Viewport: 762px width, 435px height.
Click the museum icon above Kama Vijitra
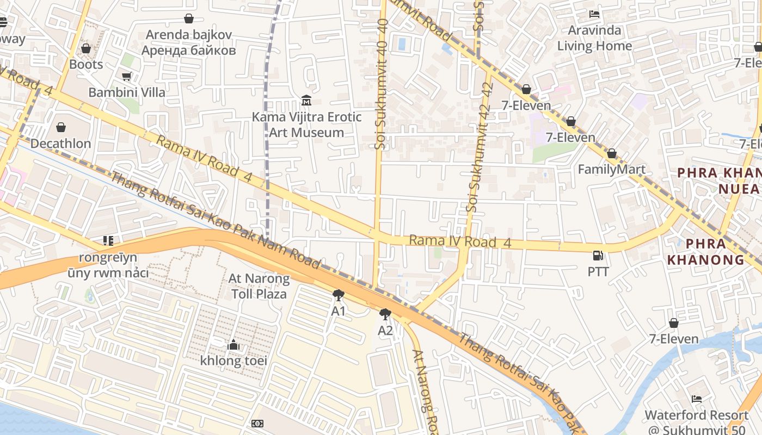306,101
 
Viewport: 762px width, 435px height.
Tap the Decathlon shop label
60,144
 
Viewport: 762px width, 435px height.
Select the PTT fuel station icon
598,255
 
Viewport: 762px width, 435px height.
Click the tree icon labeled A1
339,295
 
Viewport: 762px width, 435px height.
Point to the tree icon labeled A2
385,314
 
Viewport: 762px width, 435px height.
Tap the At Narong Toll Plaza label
259,287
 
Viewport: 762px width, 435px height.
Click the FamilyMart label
611,169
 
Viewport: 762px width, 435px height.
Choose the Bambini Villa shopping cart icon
127,77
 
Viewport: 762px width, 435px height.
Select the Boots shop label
86,64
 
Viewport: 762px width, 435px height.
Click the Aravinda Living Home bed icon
594,14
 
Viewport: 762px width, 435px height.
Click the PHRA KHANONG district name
705,251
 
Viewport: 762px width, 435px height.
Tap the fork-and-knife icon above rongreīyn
108,240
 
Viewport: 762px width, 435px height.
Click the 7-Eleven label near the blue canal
673,339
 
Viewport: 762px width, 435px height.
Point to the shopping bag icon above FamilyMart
611,154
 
